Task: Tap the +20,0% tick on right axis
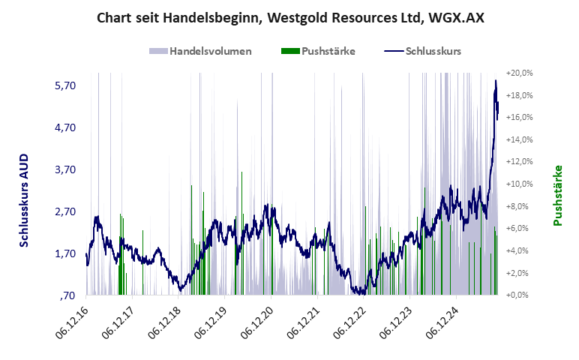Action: click(519, 73)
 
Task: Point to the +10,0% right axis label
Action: click(519, 184)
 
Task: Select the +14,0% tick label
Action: click(519, 140)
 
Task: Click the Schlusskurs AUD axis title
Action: click(24, 196)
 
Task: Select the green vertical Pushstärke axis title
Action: click(558, 195)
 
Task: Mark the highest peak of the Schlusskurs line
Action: click(496, 80)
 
